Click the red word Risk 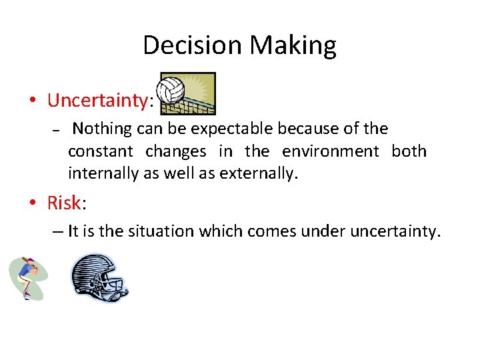(x=63, y=202)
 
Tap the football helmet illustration (x=99, y=277)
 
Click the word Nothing (x=101, y=128)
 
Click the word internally (x=103, y=175)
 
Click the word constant (x=101, y=151)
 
